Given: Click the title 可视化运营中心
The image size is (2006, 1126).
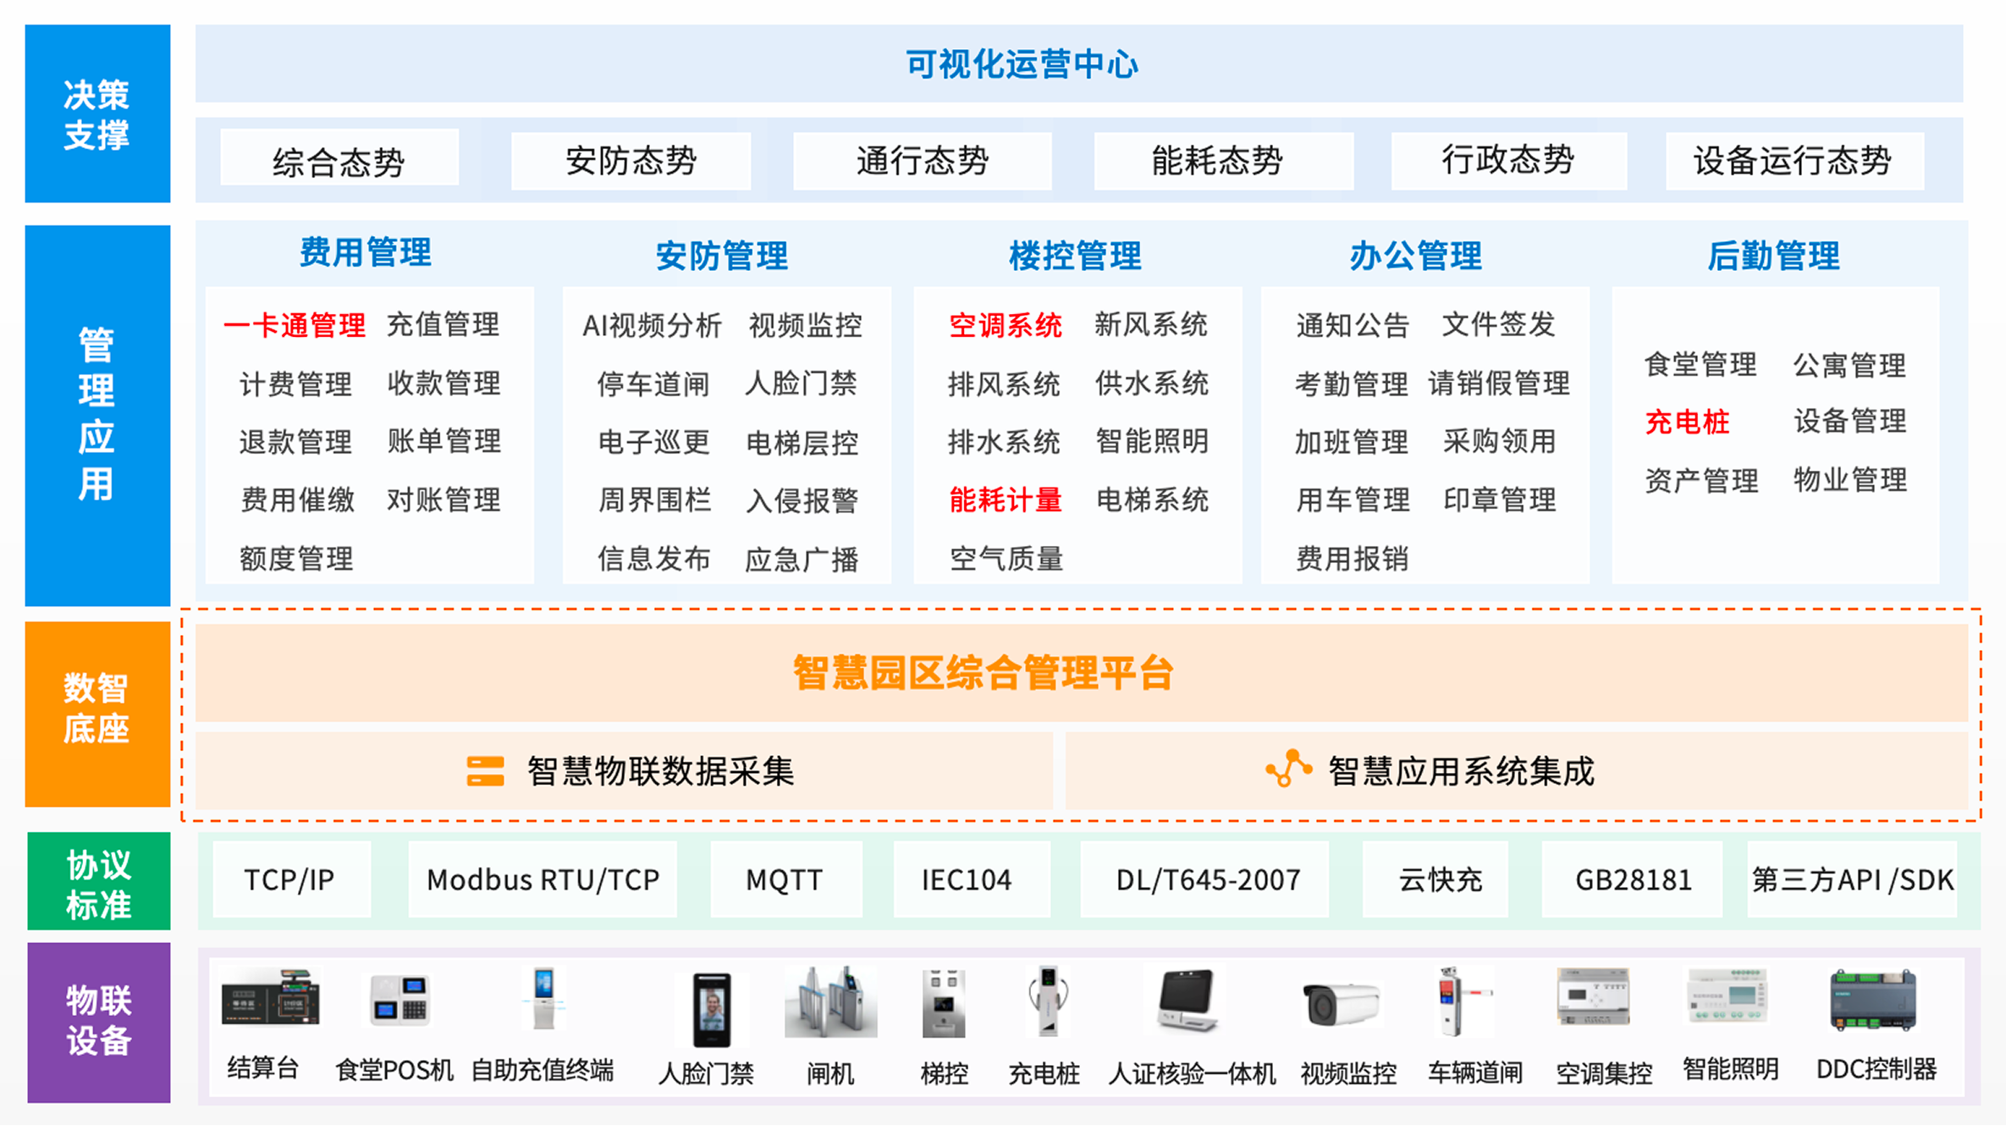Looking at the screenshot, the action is point(1022,64).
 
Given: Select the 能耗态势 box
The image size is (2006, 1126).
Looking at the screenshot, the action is point(1223,160).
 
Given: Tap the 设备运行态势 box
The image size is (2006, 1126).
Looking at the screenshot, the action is point(1794,160).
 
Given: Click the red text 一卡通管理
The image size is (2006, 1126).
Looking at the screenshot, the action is point(295,325).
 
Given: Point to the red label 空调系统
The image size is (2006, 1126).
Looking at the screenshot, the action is point(1006,325).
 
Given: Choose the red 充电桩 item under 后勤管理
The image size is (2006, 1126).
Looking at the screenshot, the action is point(1687,422).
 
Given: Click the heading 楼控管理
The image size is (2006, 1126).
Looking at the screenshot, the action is point(1075,256).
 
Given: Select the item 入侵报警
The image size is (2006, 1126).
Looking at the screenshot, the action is point(802,500).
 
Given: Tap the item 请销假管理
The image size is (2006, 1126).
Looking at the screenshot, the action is point(1498,384).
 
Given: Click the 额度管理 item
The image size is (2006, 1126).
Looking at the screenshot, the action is point(296,559).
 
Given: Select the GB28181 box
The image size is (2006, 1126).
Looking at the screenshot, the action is point(1632,880).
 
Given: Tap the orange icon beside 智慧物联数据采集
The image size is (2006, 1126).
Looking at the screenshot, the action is point(485,771).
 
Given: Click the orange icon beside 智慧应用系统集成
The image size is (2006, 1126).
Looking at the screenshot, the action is point(1288,768).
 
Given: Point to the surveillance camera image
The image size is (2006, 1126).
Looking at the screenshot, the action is point(1342,1005).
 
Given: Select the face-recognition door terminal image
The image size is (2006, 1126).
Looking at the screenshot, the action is point(711,1009).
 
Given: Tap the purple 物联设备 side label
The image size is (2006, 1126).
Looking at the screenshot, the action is point(99,1022).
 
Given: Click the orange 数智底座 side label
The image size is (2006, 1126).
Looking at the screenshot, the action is point(97,714).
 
